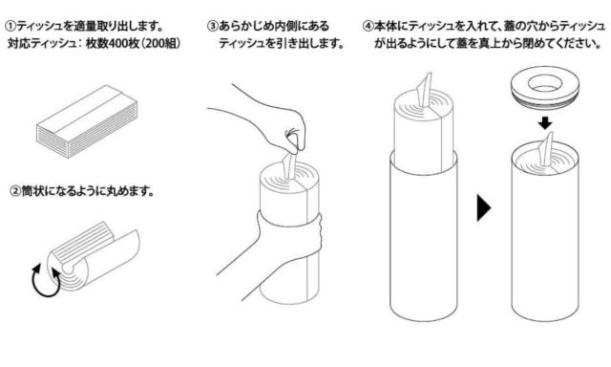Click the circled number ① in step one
coord(11,27)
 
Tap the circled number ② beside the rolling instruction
coord(15,191)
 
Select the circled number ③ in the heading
coord(213,27)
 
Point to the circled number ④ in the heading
coord(368,27)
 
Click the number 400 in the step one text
coord(116,43)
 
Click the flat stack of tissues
coord(87,121)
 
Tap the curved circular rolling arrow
coord(47,280)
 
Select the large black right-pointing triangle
coord(483,208)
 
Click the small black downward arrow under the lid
coord(545,123)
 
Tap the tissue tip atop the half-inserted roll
coord(424,89)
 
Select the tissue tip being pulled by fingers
coord(290,165)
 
